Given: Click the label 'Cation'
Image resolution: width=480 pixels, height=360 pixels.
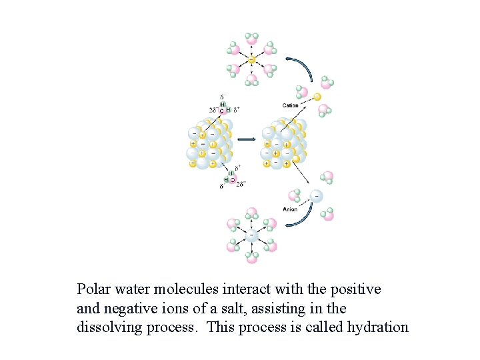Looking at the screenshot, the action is point(291,105).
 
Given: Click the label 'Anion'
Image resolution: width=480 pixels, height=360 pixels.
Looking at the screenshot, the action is point(290,209).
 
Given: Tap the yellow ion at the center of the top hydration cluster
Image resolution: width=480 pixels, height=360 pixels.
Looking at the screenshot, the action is point(251,60).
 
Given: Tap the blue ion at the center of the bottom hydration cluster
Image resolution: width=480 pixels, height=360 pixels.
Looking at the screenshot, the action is point(251,235).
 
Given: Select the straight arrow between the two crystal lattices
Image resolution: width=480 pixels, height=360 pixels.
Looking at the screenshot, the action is point(247,139).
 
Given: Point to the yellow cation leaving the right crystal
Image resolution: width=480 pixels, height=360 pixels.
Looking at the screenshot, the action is point(317,97).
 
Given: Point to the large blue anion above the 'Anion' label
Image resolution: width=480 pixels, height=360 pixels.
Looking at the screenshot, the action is point(316,196).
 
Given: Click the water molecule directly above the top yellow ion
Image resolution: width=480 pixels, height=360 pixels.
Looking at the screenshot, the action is point(251,39).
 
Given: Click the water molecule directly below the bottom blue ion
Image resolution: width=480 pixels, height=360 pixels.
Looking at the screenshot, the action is point(251,257).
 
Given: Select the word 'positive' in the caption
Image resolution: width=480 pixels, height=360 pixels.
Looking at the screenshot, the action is point(353,289).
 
